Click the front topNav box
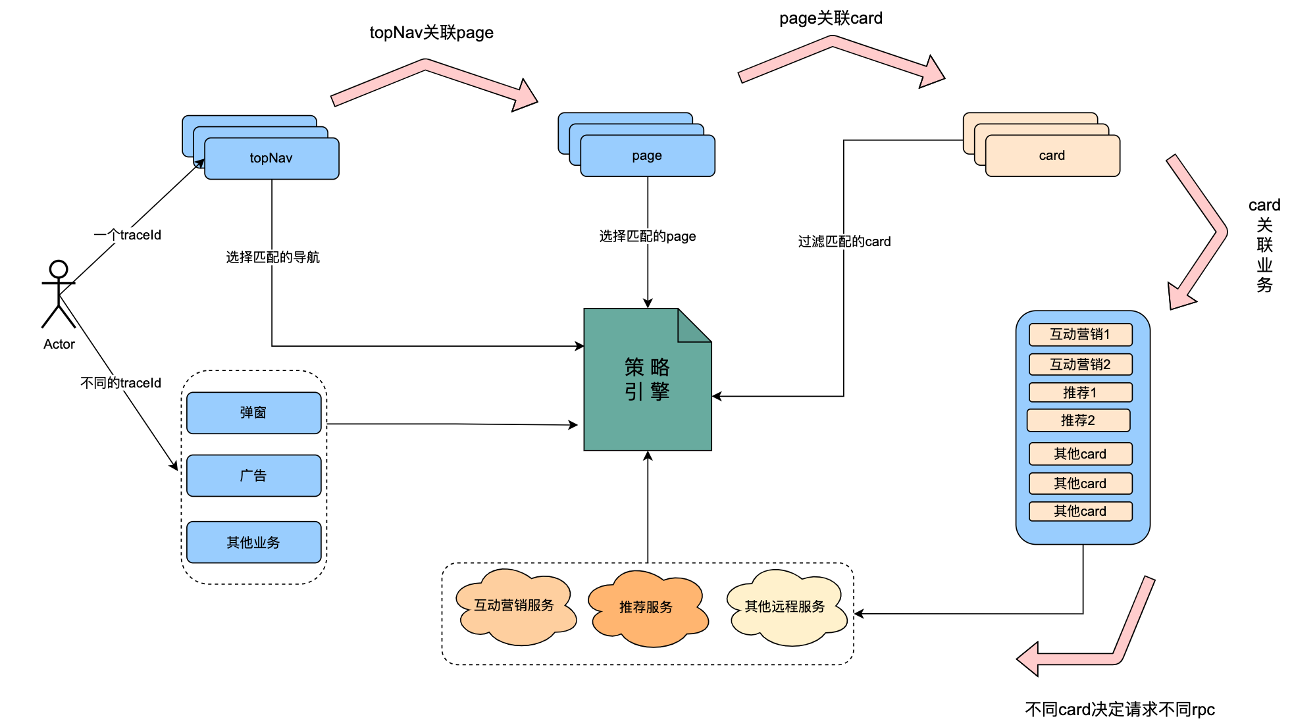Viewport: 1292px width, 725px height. coord(271,159)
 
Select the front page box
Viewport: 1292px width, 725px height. coord(647,156)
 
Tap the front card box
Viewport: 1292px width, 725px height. coord(1052,156)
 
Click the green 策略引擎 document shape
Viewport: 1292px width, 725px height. coord(647,380)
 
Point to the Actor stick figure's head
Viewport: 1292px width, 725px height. coord(59,269)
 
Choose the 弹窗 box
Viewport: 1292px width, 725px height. coord(253,413)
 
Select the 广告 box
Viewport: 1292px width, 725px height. coord(253,476)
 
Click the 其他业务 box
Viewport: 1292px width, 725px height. coord(253,543)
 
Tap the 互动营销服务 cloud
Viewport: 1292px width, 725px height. coord(514,606)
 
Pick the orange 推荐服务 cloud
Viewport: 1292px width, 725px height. coord(646,607)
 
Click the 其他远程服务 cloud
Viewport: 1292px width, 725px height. coord(785,607)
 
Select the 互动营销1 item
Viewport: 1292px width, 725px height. coord(1080,334)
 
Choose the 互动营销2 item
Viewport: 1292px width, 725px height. coord(1080,364)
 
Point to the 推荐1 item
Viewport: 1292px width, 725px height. coord(1080,393)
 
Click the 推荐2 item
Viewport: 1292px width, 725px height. coord(1078,420)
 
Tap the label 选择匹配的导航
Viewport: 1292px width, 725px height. coord(272,257)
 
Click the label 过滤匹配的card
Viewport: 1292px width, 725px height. coord(844,241)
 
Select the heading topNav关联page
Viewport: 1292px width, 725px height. coord(431,32)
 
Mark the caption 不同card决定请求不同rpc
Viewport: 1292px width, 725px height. coord(1120,709)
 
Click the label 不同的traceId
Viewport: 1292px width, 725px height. coord(120,383)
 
